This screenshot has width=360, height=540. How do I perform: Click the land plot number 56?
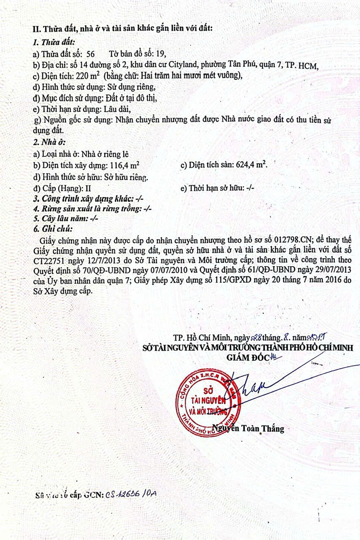pos(90,54)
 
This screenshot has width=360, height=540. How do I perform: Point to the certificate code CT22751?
pos(50,260)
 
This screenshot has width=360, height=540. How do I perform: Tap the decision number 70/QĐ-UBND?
pos(104,270)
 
